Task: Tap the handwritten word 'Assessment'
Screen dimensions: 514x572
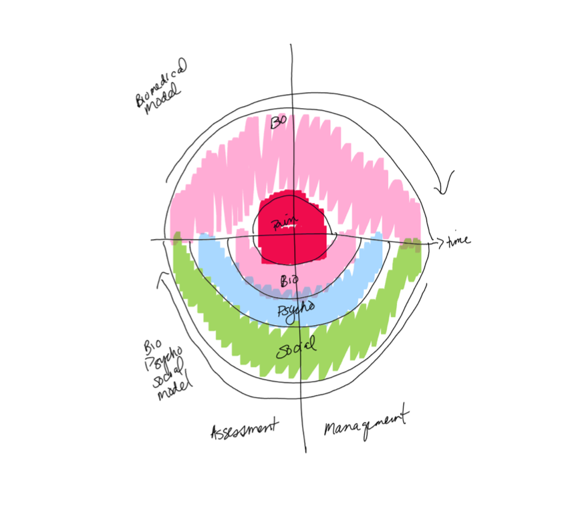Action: click(243, 429)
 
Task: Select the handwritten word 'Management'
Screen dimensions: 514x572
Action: click(366, 423)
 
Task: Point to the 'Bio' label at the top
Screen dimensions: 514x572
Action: click(279, 122)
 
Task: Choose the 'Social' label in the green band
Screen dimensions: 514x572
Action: click(295, 347)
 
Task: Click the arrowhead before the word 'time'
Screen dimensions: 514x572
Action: click(438, 242)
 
